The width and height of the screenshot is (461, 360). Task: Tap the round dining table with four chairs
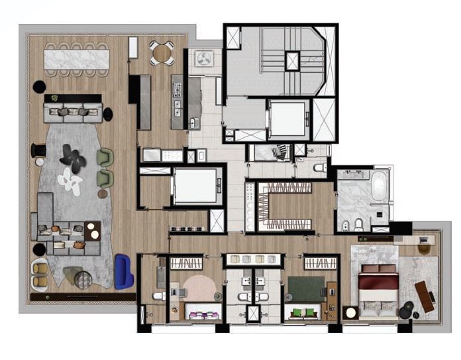162,53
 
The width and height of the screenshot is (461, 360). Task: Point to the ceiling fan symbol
203,61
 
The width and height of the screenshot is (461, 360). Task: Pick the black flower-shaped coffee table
71,156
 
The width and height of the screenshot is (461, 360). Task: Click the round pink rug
199,288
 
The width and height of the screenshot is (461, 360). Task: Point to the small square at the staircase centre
292,61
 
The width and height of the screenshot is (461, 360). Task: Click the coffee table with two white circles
93,230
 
